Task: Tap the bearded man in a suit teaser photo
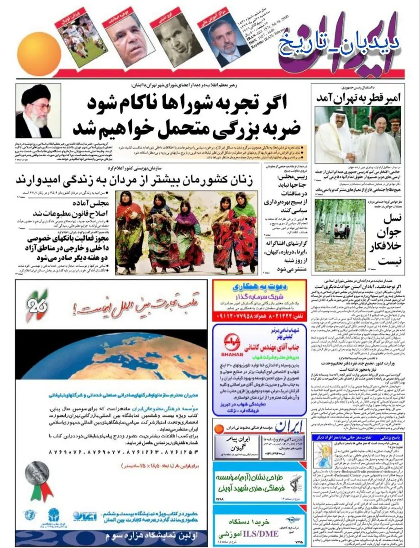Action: pyautogui.click(x=226, y=43)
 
